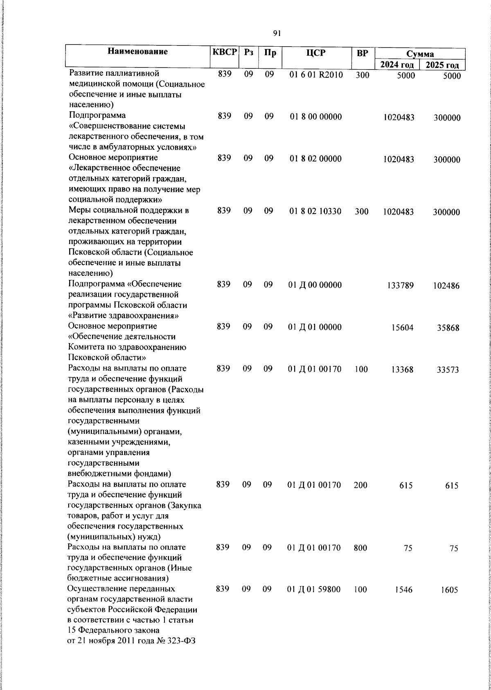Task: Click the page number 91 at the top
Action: [x=277, y=34]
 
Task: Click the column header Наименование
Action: [x=138, y=52]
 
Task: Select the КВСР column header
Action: [x=224, y=52]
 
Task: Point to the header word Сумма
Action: [x=420, y=54]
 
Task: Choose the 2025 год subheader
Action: [x=442, y=65]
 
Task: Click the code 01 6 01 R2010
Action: [x=316, y=75]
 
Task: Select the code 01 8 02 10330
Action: [x=315, y=211]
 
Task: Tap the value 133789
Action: [x=400, y=286]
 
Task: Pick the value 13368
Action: [x=402, y=370]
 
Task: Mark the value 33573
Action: [x=448, y=370]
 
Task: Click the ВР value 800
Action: [x=360, y=548]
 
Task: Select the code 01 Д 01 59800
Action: [x=314, y=590]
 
